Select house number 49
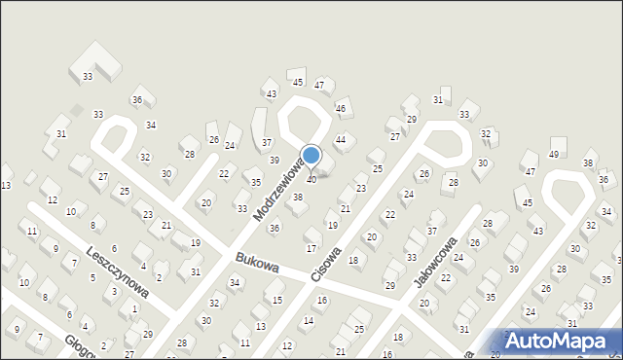[554, 154]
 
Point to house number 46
[341, 109]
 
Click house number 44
[341, 140]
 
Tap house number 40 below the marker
[311, 179]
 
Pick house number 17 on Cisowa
[311, 249]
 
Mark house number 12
[53, 199]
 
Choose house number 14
[309, 320]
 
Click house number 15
[277, 300]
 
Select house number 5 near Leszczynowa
[93, 277]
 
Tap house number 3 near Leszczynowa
[115, 291]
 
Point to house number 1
[133, 308]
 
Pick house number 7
[40, 337]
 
